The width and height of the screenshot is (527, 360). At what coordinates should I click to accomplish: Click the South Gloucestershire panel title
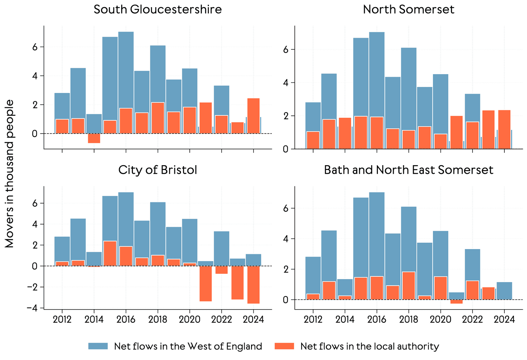(157, 9)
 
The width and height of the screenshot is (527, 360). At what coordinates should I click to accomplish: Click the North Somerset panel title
(408, 9)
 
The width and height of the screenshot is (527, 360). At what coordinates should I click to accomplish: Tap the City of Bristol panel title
(157, 170)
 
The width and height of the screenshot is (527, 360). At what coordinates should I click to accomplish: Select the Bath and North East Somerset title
(408, 170)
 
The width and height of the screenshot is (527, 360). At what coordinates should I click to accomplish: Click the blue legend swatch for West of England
(98, 346)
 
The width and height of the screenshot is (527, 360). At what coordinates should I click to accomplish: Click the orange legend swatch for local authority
(284, 346)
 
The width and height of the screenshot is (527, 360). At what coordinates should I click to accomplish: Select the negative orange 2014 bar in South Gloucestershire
(94, 138)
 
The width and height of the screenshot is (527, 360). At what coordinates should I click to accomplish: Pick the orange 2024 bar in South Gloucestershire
(253, 116)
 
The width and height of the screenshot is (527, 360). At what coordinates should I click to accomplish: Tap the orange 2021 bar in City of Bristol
(206, 284)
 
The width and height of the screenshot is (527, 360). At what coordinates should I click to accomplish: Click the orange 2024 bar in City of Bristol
(253, 285)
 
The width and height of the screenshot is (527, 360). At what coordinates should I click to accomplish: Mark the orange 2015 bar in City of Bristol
(110, 254)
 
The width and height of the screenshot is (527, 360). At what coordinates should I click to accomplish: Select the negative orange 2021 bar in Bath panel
(456, 302)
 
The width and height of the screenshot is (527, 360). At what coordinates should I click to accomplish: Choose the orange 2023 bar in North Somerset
(488, 130)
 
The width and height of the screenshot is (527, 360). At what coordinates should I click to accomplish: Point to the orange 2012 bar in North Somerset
(313, 140)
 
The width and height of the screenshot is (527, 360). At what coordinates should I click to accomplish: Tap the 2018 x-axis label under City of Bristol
(158, 320)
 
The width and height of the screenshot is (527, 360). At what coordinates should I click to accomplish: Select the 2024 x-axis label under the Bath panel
(504, 320)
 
